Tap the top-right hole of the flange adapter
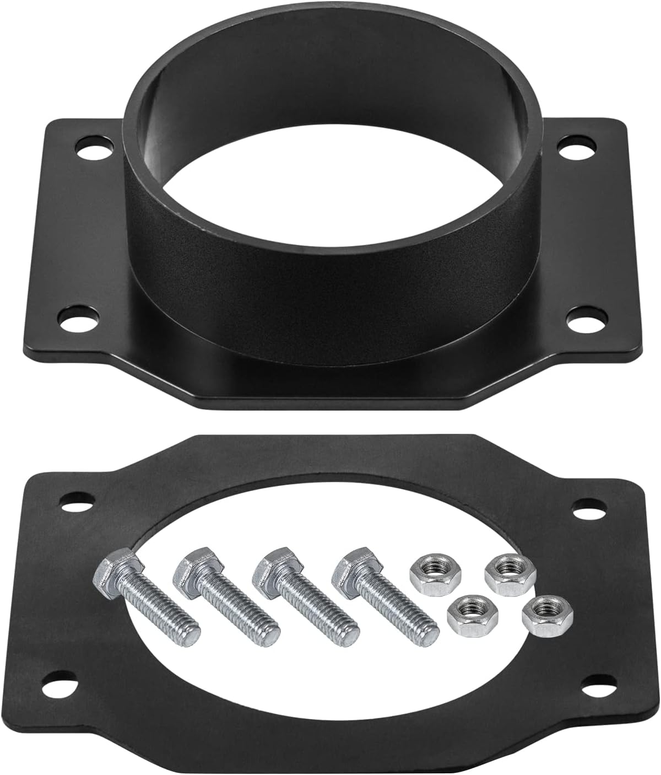pos(577,146)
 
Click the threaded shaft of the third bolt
pos(312,607)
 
